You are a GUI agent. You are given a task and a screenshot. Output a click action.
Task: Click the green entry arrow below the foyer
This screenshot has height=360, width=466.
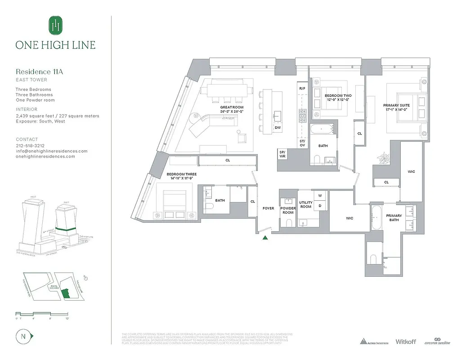266,238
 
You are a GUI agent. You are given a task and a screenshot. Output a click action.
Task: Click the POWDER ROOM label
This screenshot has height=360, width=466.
288,210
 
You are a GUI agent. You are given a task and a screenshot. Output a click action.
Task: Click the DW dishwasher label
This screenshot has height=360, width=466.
278,128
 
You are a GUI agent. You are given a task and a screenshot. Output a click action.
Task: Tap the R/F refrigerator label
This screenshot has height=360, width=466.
302,89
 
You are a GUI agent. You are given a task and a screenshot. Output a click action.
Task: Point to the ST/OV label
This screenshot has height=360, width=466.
302,143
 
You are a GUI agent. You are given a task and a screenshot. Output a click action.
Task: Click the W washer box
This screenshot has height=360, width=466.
320,196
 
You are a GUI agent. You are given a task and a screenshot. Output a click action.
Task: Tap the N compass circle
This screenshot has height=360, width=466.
22,336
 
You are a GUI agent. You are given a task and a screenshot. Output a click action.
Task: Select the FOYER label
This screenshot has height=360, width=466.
269,208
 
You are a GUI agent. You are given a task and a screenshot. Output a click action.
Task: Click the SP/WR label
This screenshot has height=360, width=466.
282,154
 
